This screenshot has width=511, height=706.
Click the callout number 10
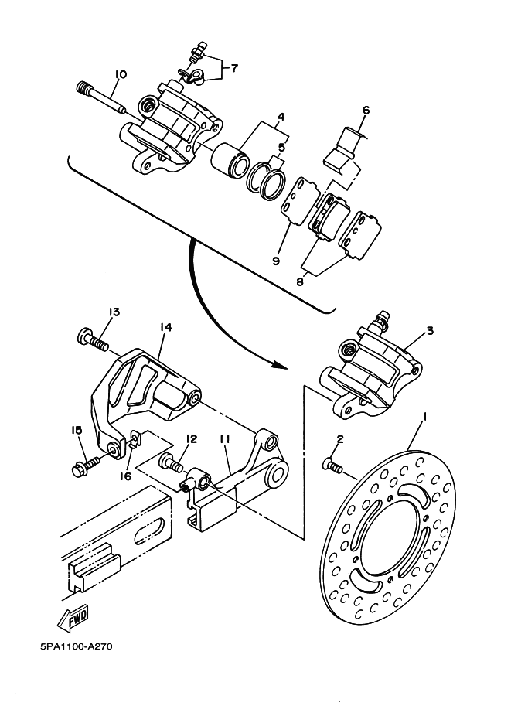click(121, 74)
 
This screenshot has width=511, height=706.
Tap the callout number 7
click(234, 69)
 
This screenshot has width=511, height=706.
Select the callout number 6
click(366, 111)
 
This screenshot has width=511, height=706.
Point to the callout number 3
click(430, 331)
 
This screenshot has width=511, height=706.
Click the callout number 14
click(165, 327)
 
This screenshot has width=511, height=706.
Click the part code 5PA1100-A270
click(76, 647)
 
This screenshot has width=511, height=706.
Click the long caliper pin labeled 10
click(102, 97)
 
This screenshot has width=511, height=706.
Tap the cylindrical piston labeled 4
click(230, 159)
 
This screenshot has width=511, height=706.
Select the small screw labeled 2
click(332, 466)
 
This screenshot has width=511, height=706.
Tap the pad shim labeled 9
click(298, 201)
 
